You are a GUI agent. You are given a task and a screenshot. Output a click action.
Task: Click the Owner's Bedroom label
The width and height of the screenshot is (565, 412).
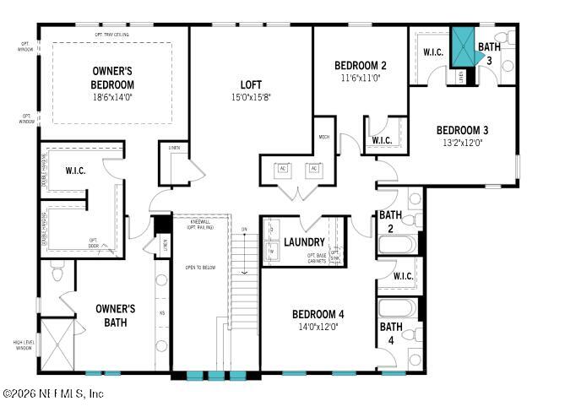(112, 78)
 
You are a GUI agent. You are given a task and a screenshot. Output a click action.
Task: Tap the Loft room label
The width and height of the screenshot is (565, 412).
(251, 85)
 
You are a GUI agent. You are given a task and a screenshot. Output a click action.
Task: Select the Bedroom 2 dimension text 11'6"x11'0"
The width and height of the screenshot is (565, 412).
(360, 78)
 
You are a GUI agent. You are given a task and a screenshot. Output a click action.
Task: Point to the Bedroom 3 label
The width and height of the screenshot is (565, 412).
(462, 130)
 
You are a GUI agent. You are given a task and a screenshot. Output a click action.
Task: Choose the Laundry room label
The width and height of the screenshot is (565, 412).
(304, 242)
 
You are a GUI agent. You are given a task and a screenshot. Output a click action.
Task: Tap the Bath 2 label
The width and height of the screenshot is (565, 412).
(390, 221)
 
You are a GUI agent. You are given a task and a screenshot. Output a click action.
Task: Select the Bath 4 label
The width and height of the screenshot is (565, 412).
(390, 333)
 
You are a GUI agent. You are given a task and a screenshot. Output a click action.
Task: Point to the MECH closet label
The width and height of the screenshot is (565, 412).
(323, 136)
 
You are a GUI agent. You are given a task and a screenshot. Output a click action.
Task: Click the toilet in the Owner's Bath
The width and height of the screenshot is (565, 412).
(57, 273)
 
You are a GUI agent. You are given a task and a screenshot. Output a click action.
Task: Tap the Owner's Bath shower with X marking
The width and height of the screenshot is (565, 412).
(57, 344)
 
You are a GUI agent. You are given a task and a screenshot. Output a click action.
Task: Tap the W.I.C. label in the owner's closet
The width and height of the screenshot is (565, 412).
(75, 171)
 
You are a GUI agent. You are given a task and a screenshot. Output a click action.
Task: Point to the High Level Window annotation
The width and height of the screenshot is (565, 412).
(23, 344)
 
